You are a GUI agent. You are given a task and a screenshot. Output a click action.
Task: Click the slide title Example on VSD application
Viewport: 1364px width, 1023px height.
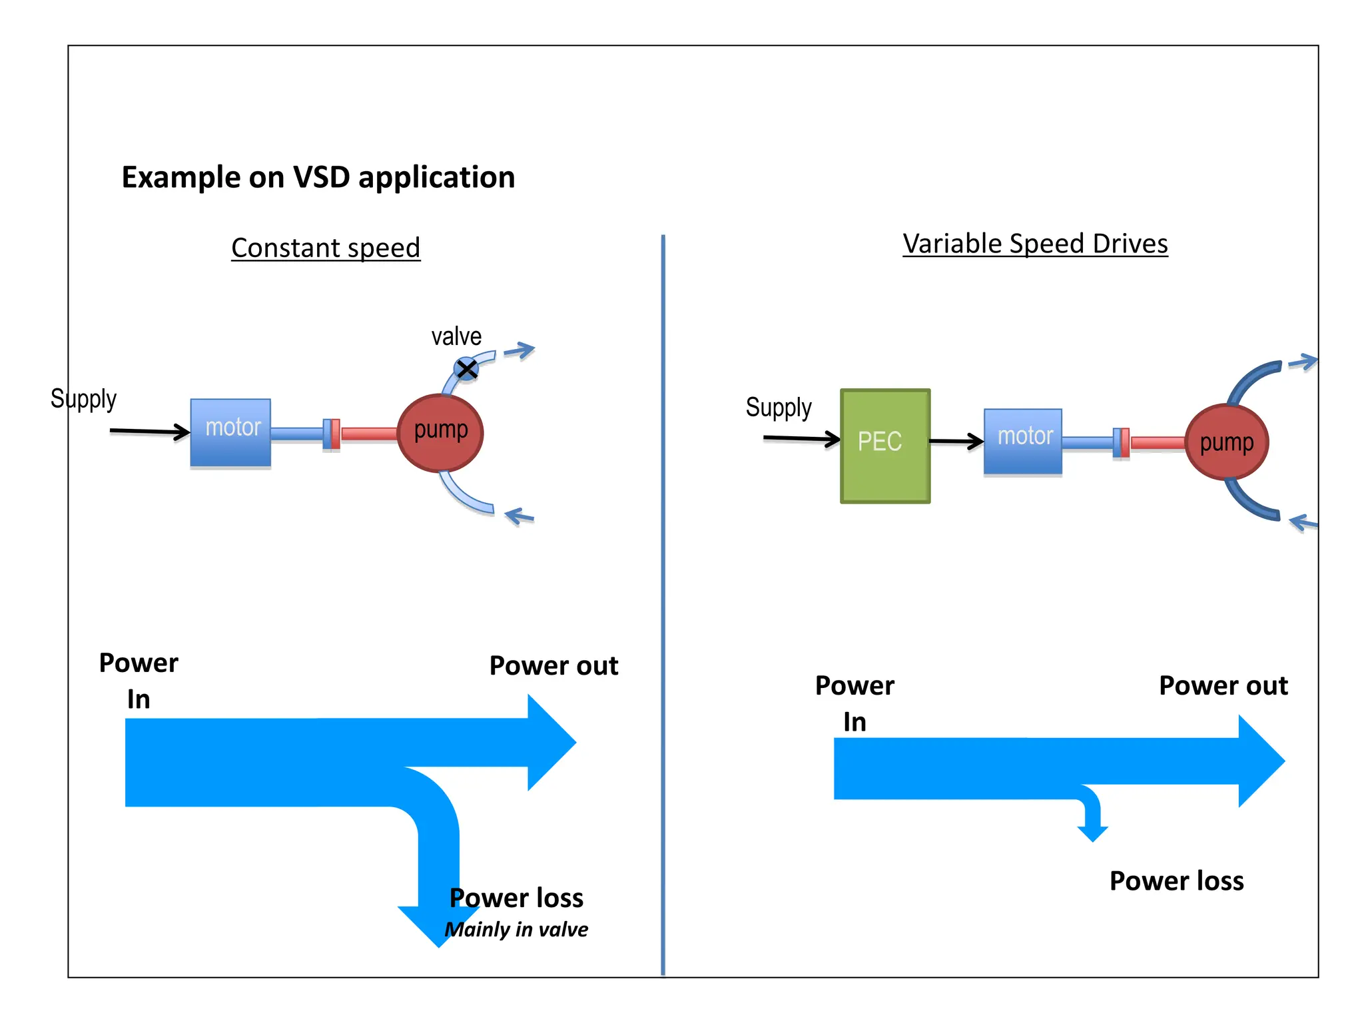pos(318,177)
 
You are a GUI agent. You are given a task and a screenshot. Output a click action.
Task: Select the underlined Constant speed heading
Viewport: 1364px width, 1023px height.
pos(326,248)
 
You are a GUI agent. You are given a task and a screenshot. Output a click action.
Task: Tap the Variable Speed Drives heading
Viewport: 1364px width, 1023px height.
pos(1035,244)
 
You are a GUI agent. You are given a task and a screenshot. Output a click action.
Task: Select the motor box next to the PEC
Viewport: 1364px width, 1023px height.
pos(1022,440)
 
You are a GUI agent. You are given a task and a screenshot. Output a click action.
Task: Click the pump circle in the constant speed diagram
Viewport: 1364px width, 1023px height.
pos(440,432)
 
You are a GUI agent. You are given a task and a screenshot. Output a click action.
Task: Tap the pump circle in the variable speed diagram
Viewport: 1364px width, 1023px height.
pos(1226,442)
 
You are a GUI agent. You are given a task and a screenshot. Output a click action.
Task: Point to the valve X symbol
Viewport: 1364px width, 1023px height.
pos(466,368)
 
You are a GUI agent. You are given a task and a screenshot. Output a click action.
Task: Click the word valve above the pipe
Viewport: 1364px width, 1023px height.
pos(456,336)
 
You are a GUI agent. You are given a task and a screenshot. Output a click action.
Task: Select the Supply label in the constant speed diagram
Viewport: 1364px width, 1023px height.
pos(83,398)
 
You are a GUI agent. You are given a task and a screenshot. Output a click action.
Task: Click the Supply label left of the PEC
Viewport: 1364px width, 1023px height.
pos(779,407)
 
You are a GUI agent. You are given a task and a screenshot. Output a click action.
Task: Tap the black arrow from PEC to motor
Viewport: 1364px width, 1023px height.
pos(956,440)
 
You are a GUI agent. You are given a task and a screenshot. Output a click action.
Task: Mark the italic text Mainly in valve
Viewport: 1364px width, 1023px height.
pos(516,929)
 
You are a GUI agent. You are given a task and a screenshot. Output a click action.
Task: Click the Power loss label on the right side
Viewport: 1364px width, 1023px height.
pos(1176,880)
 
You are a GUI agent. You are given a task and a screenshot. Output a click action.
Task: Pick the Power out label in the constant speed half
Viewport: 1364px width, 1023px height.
pos(553,665)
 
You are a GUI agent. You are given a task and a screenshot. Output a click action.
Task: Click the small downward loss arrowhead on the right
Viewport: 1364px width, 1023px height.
pos(1092,833)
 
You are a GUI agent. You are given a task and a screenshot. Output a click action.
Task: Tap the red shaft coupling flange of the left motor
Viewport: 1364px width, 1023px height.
pos(336,434)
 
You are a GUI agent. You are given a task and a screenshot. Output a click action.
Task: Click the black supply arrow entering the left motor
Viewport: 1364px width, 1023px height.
pos(150,432)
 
